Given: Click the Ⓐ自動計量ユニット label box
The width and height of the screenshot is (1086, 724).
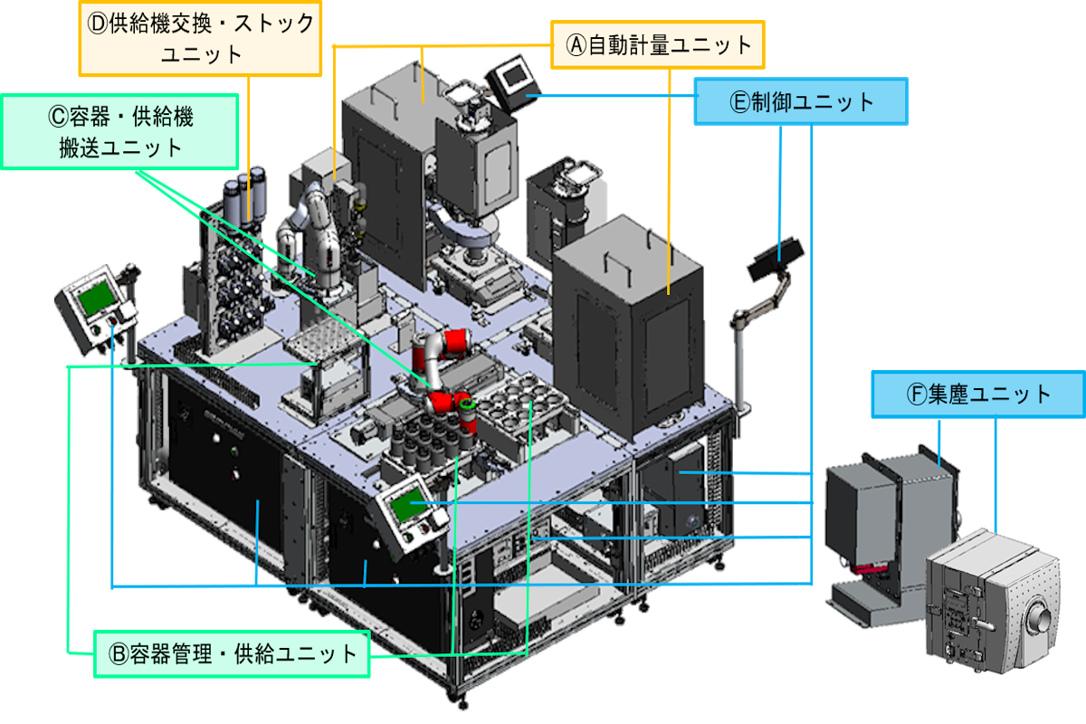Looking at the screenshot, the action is click(x=657, y=44).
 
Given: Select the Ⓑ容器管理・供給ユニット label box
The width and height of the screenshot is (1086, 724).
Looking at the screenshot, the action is click(x=232, y=653).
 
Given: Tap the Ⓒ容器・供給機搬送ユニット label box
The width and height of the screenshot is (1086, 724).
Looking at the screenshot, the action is click(x=119, y=131).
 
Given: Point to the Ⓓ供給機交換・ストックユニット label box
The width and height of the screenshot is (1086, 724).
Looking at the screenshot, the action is click(x=200, y=38).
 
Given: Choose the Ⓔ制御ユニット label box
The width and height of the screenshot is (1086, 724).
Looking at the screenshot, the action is click(x=801, y=101).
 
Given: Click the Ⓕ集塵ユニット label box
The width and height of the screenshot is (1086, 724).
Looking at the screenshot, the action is click(x=978, y=394).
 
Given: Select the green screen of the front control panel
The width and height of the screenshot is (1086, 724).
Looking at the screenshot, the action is click(x=408, y=505).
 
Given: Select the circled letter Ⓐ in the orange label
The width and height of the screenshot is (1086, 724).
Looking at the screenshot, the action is click(x=576, y=45).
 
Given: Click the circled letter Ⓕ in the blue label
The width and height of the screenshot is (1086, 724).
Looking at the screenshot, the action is click(x=916, y=395).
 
